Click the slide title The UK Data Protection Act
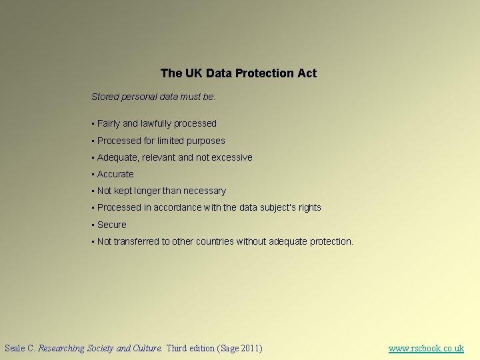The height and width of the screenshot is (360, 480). point(238,73)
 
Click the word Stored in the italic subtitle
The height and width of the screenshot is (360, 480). point(104,97)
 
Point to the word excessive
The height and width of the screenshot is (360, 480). point(232,157)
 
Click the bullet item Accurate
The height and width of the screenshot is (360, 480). point(115,174)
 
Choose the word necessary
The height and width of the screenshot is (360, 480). point(205,191)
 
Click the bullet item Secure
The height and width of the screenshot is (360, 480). point(111,225)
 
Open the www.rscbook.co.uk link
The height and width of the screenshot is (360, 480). point(426,348)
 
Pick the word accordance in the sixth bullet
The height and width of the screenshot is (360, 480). point(177,207)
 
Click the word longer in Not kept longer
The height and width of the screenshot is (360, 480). point(147,191)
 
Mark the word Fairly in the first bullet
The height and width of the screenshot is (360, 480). point(109,123)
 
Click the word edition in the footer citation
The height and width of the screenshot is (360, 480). point(201,348)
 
